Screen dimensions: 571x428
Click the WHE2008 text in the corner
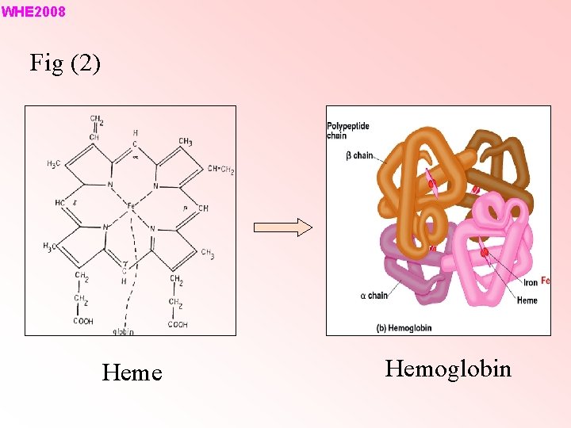[x=33, y=12]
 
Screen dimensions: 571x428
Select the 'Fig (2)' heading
[x=65, y=63]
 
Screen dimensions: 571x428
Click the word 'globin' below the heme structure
[x=122, y=331]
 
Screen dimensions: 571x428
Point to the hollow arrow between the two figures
[x=282, y=228]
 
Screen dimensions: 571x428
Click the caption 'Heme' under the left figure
[x=132, y=373]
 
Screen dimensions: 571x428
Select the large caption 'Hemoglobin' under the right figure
[x=448, y=369]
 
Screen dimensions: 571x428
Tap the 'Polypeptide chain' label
[x=347, y=131]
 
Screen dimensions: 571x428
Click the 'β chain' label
[x=360, y=155]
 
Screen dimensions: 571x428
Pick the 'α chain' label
[x=374, y=296]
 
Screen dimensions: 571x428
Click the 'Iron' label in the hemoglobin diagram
[x=530, y=282]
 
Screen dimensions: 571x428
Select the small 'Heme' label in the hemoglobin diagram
[x=527, y=300]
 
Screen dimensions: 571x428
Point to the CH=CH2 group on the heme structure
[x=220, y=169]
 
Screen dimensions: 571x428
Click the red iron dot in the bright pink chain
[x=485, y=253]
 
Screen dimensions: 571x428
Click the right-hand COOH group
[x=177, y=324]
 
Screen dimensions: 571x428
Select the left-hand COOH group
[x=82, y=321]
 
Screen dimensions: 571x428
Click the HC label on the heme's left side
[x=60, y=203]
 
